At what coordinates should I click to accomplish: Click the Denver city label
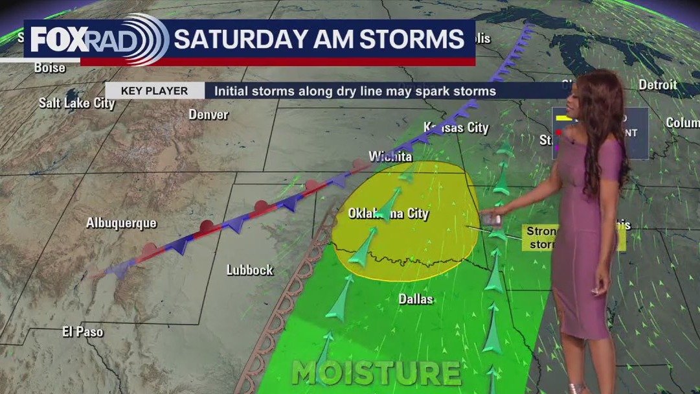[209, 115]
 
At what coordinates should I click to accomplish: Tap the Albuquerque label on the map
[121, 223]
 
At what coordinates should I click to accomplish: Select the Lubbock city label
[249, 270]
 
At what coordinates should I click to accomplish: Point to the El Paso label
[83, 332]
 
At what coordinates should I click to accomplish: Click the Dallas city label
[415, 299]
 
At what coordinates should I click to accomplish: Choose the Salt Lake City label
[76, 103]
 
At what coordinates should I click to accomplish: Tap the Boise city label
[50, 67]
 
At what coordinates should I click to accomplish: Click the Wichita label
[390, 157]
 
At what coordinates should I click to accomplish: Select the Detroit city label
[657, 84]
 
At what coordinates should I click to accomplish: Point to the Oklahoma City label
[389, 213]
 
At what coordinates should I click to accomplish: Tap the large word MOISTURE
[376, 373]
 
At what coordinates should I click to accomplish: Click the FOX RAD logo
[97, 40]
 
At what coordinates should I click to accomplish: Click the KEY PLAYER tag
[154, 91]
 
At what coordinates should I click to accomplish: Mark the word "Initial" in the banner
[232, 91]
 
